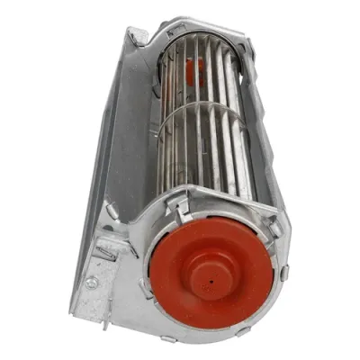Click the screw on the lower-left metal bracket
(x=92, y=282)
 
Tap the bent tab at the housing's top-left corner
(x=138, y=36)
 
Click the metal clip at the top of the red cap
(x=183, y=209)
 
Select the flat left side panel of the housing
(x=112, y=153)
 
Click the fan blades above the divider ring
(x=202, y=72)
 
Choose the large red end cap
(x=216, y=270)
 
